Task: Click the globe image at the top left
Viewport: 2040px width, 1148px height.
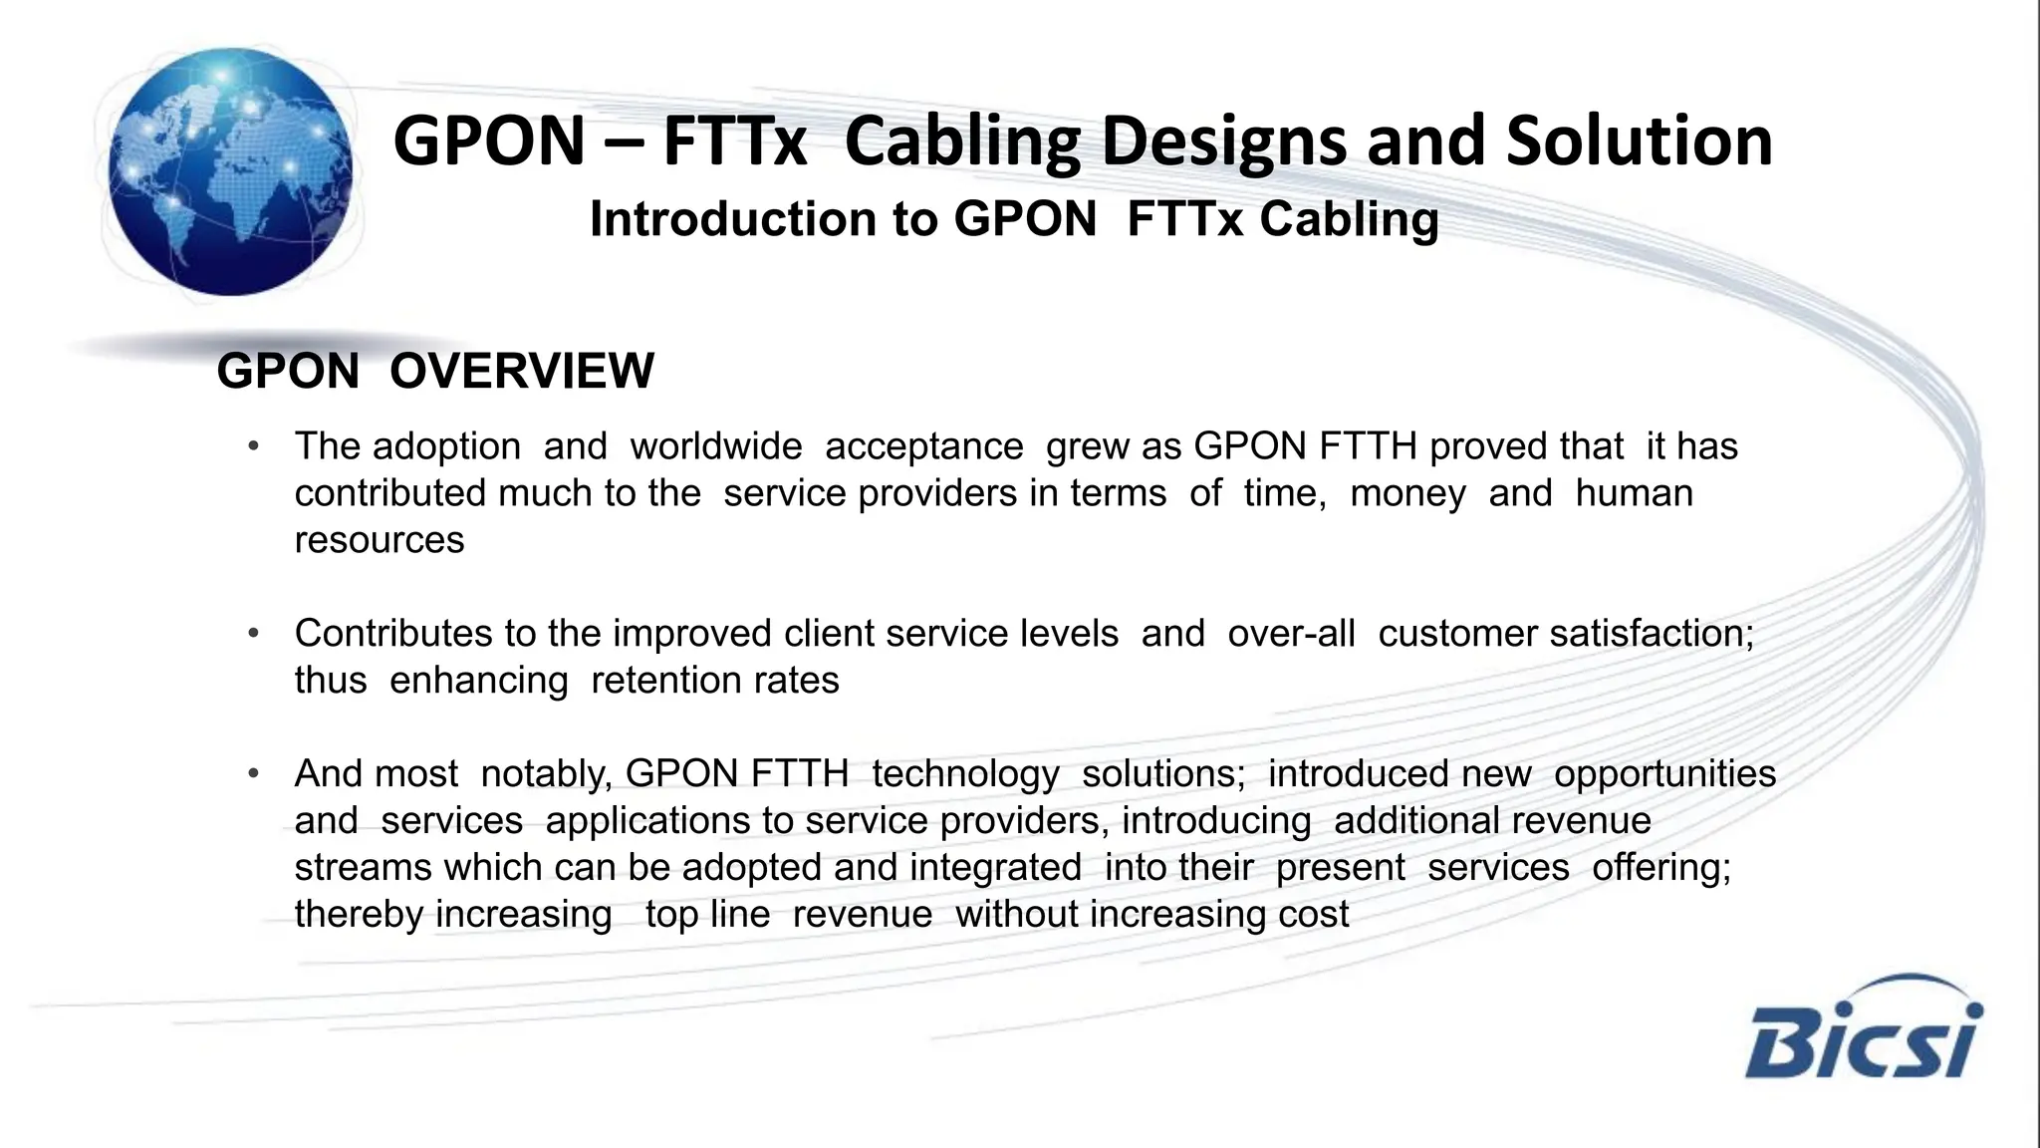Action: [x=230, y=171]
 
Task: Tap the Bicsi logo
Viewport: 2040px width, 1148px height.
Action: [x=1863, y=1030]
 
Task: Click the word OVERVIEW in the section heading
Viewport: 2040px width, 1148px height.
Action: [x=522, y=371]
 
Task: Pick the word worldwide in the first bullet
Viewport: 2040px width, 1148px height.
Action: [x=716, y=446]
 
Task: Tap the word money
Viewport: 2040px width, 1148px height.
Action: [x=1407, y=493]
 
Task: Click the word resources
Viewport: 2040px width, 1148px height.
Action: [x=380, y=540]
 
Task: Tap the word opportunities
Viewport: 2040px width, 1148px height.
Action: [x=1664, y=774]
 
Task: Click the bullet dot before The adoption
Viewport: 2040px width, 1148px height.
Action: [x=254, y=446]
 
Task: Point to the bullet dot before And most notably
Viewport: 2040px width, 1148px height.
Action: [x=254, y=774]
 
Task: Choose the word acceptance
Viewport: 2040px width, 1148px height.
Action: [x=923, y=446]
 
